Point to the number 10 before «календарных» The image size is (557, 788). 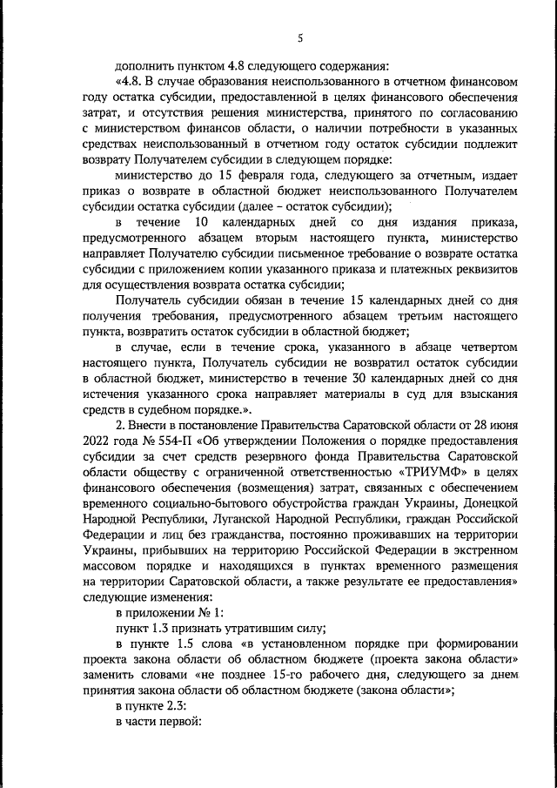tap(197, 222)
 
